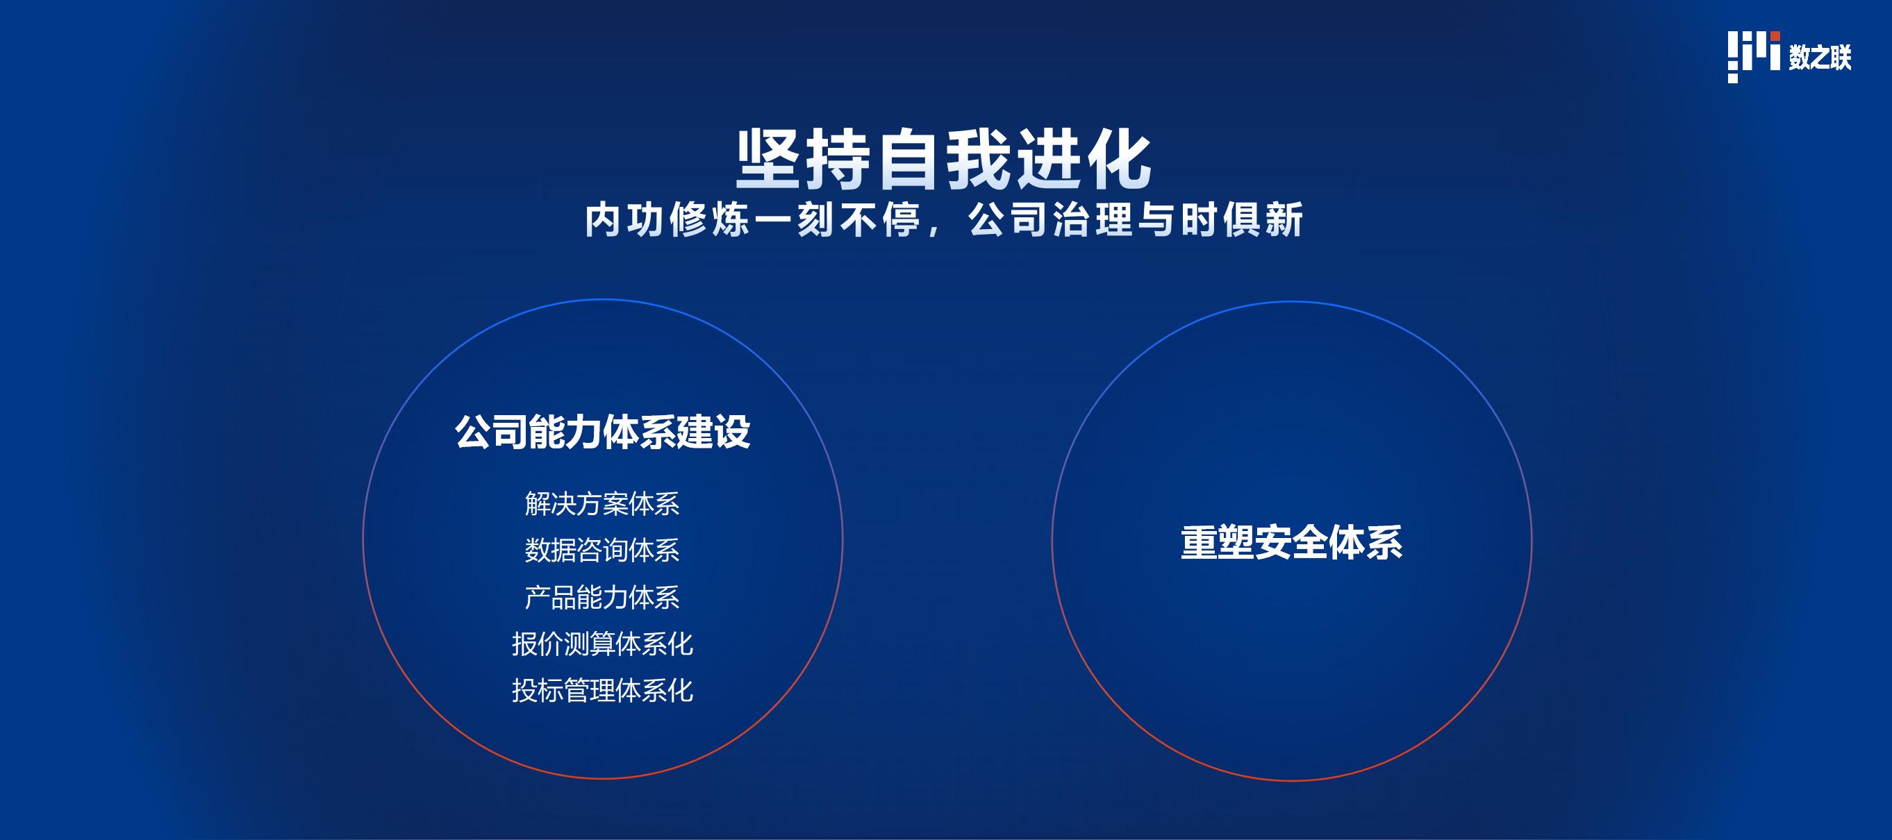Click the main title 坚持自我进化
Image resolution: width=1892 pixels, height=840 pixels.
coord(944,161)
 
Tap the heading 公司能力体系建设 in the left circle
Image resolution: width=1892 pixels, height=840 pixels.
coord(602,432)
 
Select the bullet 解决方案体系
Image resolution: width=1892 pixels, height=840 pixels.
coord(602,504)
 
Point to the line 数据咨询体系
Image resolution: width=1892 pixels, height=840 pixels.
coord(602,550)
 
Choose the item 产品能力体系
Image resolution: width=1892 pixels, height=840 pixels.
coord(602,597)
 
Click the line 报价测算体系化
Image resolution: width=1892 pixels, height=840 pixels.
coord(602,644)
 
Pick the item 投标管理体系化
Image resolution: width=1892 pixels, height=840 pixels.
coord(602,690)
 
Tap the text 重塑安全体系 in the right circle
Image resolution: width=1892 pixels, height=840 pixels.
coord(1292,543)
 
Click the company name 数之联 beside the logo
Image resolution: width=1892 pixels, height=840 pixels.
coord(1820,57)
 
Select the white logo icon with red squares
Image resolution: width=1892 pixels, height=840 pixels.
coord(1754,57)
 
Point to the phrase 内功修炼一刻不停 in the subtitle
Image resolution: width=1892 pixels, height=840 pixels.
coord(752,219)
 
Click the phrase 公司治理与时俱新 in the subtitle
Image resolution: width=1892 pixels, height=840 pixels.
coord(1136,219)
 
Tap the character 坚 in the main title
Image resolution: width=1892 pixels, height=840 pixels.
coord(768,161)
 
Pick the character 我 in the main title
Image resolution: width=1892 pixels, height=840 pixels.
coord(979,161)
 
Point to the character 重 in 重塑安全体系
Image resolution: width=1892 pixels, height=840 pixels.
coord(1199,543)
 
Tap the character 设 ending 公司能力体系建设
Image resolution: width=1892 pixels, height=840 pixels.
coord(732,432)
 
